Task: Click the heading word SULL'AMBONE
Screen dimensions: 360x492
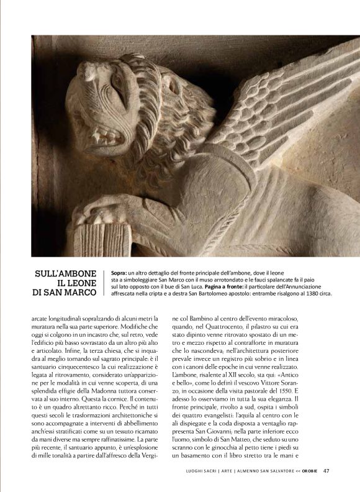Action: (67, 273)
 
